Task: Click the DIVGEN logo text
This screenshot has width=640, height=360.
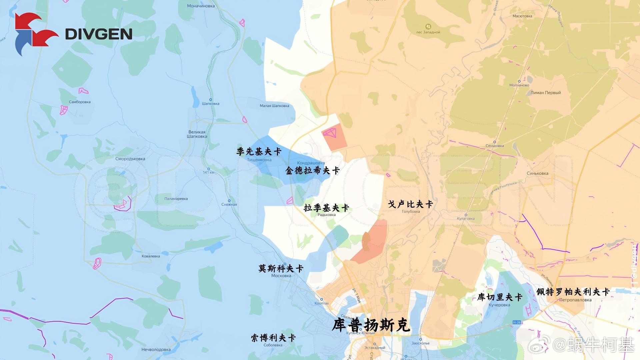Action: pyautogui.click(x=99, y=34)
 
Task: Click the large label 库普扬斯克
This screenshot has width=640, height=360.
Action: pyautogui.click(x=371, y=325)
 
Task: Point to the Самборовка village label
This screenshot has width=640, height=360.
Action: pyautogui.click(x=80, y=102)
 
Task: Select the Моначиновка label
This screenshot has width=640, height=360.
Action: pyautogui.click(x=201, y=6)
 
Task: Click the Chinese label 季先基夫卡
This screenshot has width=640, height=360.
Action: pyautogui.click(x=259, y=152)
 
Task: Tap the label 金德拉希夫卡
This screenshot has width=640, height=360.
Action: pyautogui.click(x=312, y=171)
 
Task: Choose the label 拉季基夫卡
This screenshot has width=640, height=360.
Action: pyautogui.click(x=326, y=208)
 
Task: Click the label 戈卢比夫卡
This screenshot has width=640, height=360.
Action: pyautogui.click(x=411, y=204)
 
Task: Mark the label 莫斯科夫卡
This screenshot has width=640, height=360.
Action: pyautogui.click(x=281, y=268)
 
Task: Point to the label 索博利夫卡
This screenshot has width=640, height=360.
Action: pyautogui.click(x=273, y=338)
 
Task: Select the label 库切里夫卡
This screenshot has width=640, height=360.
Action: pyautogui.click(x=500, y=297)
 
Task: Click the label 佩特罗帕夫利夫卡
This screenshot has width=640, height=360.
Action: pyautogui.click(x=573, y=292)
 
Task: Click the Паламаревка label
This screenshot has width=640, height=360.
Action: pyautogui.click(x=176, y=199)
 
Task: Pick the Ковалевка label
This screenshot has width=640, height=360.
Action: pyautogui.click(x=151, y=256)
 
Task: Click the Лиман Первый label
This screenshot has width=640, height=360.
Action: pyautogui.click(x=546, y=93)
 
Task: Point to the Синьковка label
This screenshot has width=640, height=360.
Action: pyautogui.click(x=537, y=173)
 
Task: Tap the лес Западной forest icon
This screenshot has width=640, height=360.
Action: pyautogui.click(x=428, y=26)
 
